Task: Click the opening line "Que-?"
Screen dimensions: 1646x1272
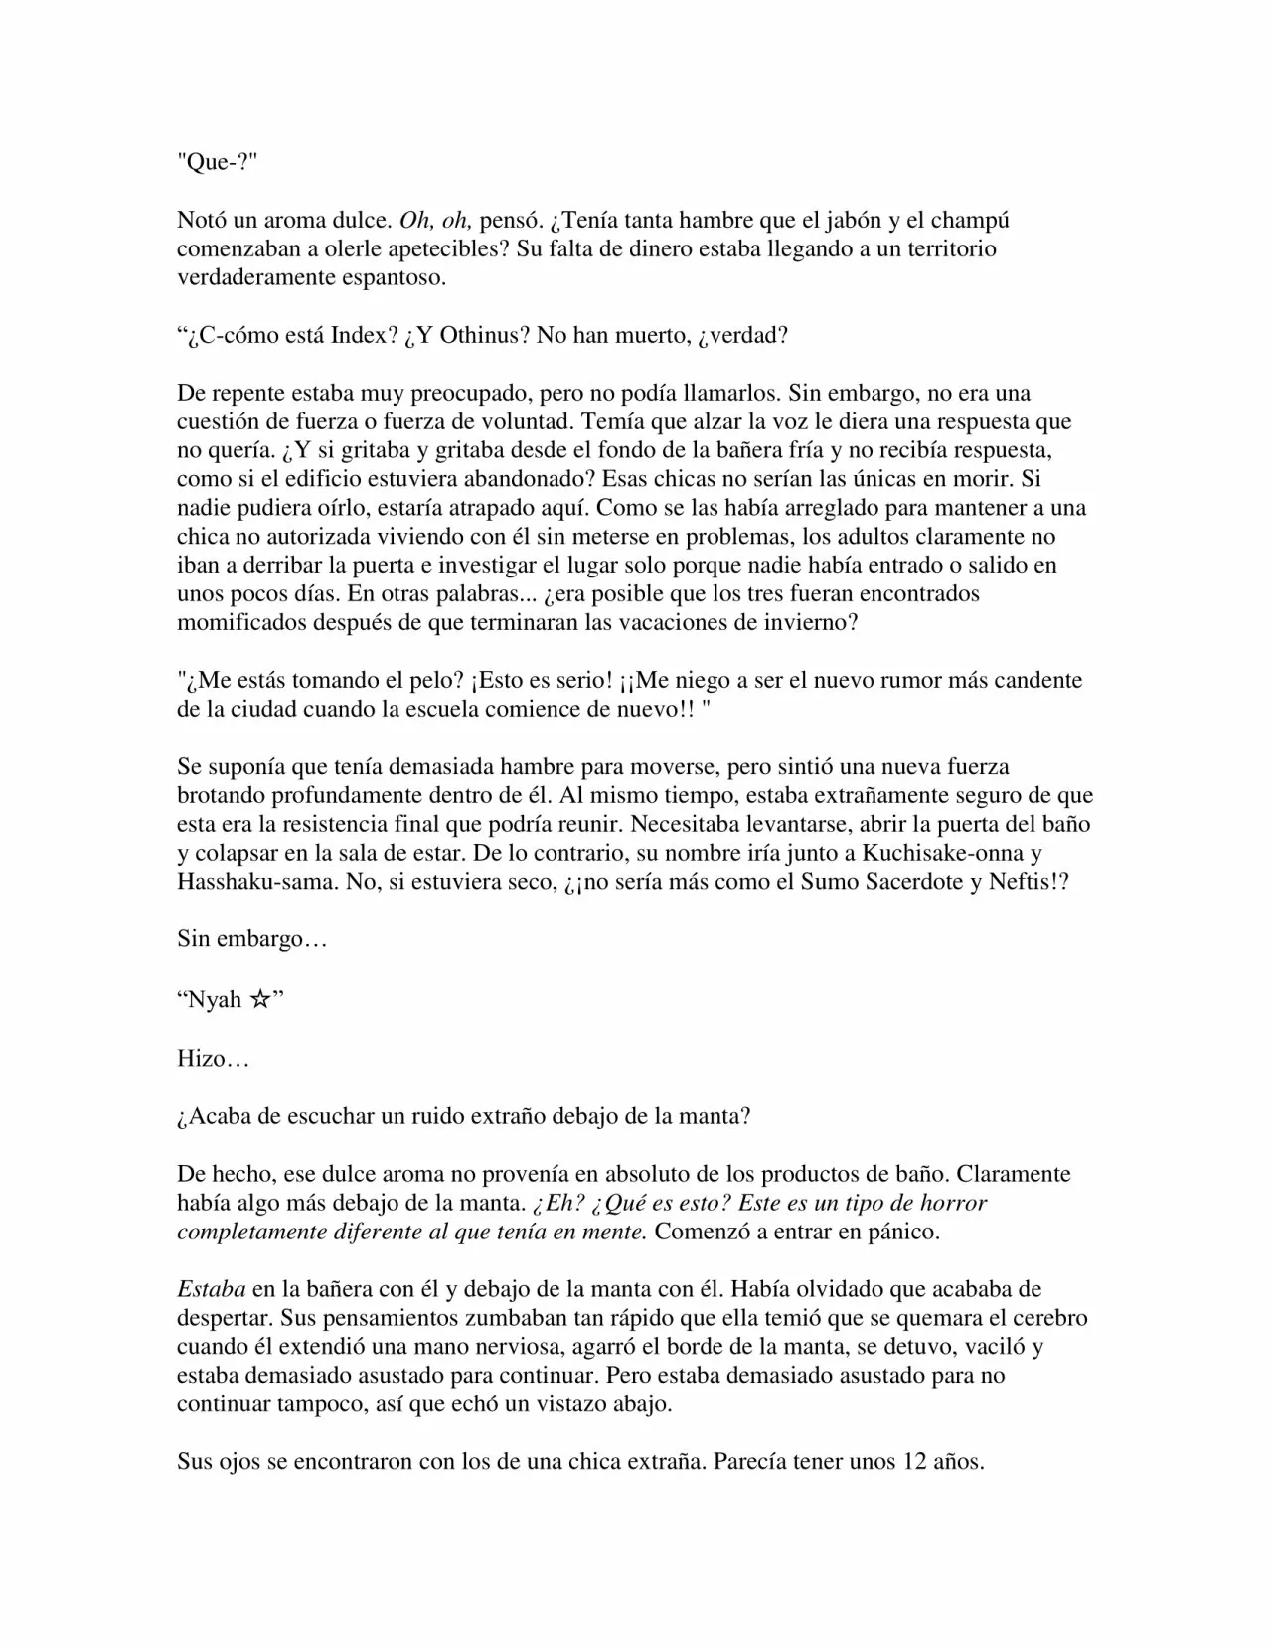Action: [216, 162]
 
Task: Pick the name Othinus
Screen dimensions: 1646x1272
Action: [482, 335]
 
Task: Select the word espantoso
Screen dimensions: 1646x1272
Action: [395, 277]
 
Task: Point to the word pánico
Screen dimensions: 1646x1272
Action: [902, 1232]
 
